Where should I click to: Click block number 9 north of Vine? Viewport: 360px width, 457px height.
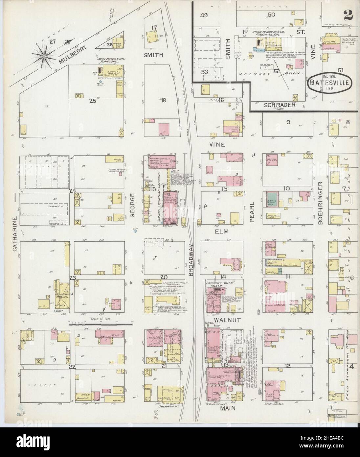click(x=288, y=122)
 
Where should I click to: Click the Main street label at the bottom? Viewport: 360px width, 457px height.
click(x=223, y=407)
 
